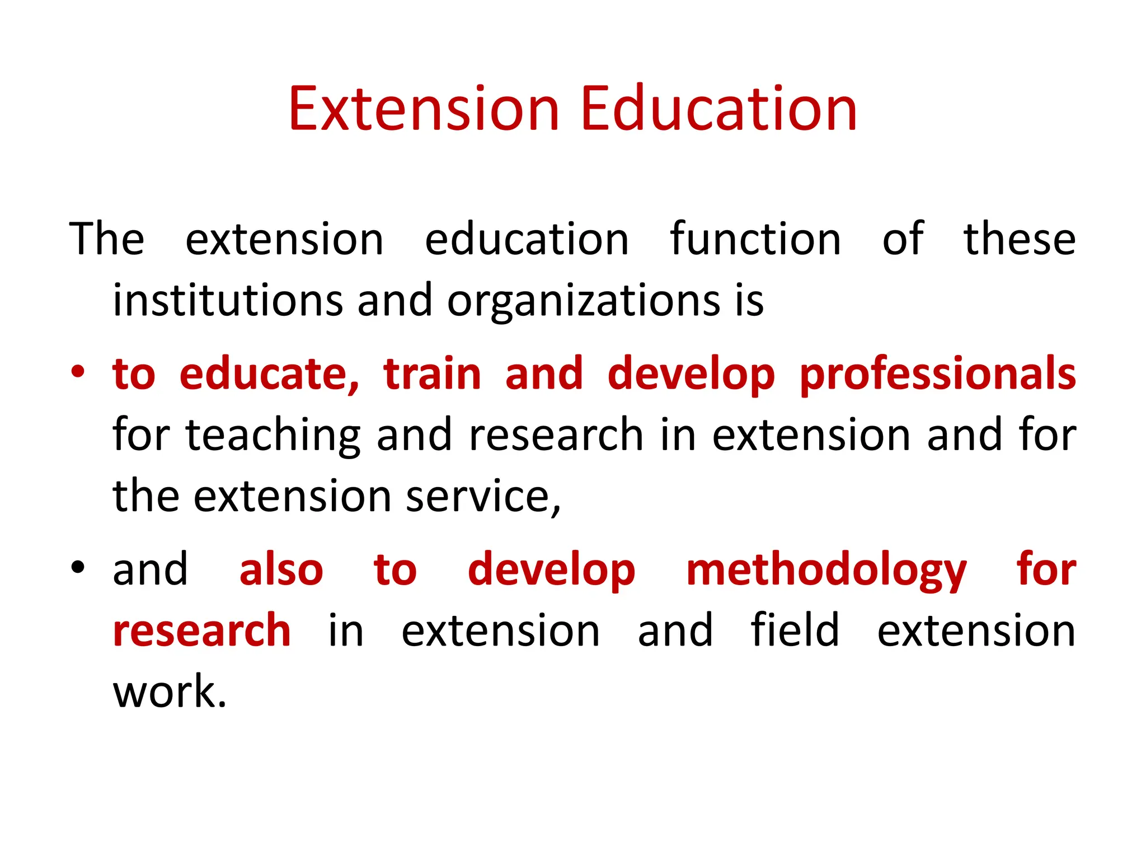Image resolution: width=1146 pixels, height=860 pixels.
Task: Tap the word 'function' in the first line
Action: point(755,239)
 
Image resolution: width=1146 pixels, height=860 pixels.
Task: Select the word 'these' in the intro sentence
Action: point(1019,239)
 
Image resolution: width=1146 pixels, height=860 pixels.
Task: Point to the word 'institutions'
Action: point(228,300)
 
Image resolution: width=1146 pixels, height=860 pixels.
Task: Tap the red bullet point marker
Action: point(78,372)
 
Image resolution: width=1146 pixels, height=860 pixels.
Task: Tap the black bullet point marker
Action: point(78,567)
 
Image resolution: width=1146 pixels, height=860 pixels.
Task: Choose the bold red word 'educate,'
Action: point(269,374)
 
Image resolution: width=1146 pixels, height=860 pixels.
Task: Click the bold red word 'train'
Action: point(432,374)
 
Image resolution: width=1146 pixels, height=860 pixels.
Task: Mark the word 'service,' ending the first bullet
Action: point(483,497)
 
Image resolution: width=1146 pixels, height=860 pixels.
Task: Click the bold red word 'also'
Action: point(281,569)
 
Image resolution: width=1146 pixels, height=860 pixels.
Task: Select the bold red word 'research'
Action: point(201,630)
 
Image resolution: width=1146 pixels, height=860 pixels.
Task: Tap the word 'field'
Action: point(795,630)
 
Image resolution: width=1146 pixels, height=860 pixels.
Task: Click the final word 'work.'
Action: point(170,692)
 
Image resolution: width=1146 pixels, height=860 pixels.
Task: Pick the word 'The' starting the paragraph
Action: point(107,239)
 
